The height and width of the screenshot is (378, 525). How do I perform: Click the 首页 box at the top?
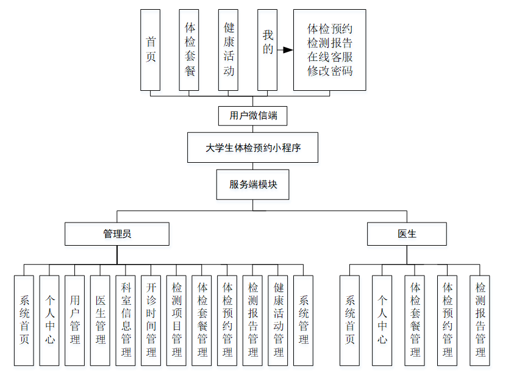tap(151, 50)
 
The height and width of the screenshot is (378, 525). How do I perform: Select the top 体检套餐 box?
tap(190, 50)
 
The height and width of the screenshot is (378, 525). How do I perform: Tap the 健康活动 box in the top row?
tap(229, 50)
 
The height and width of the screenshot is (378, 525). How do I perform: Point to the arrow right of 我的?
tap(285, 50)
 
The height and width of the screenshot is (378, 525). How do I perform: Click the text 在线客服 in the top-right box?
tap(330, 57)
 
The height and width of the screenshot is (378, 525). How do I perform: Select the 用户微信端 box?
tap(253, 115)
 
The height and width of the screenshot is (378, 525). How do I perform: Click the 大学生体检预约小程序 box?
tap(253, 148)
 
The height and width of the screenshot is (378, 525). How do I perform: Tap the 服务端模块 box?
tap(253, 185)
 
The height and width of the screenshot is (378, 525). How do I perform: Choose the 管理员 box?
tap(117, 234)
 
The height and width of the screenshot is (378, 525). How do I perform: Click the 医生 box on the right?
tap(407, 234)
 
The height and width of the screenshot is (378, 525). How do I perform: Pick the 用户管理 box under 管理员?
tap(75, 320)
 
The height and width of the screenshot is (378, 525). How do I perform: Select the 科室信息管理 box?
tap(126, 320)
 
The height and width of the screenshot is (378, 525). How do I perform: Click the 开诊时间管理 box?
tap(151, 320)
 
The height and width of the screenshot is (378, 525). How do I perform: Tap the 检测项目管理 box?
tap(177, 320)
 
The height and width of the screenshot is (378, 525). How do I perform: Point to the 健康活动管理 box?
tap(278, 320)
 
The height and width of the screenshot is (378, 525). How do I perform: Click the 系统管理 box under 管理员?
tap(304, 320)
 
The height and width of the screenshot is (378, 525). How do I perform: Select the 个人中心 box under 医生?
tap(382, 320)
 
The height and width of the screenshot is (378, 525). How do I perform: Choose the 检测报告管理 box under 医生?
tap(480, 320)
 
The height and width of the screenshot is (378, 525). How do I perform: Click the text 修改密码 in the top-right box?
tap(330, 71)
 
